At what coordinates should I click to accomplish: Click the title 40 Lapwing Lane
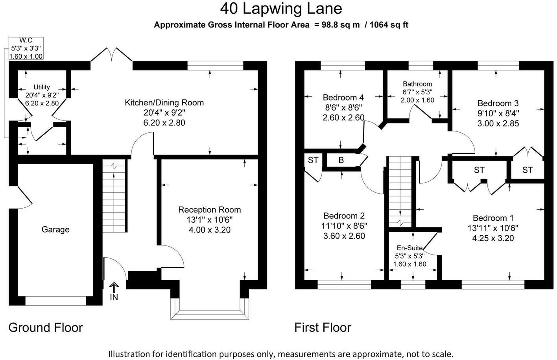(281, 8)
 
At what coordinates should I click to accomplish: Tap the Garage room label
(55, 229)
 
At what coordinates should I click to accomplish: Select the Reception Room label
(209, 210)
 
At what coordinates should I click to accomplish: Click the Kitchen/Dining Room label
(164, 103)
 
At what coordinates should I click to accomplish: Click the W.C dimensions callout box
(26, 48)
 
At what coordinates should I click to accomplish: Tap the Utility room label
(42, 87)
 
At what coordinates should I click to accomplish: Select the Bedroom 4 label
(343, 97)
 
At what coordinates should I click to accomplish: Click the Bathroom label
(417, 84)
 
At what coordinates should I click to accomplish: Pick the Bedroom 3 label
(498, 103)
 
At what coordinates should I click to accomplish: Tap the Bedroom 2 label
(344, 216)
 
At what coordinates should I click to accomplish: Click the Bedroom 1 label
(493, 218)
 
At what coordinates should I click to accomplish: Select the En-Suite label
(409, 248)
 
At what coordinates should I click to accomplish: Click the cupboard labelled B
(341, 160)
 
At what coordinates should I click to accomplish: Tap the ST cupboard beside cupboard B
(313, 160)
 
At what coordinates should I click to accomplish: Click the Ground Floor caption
(46, 327)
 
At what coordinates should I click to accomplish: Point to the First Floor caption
(323, 327)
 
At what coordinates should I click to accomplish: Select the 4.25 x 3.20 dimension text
(493, 238)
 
